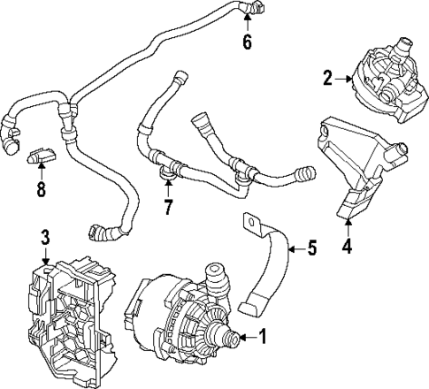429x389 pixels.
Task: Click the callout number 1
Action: [262, 336]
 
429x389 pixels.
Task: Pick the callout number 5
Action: [310, 248]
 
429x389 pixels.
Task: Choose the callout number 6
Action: [248, 42]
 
